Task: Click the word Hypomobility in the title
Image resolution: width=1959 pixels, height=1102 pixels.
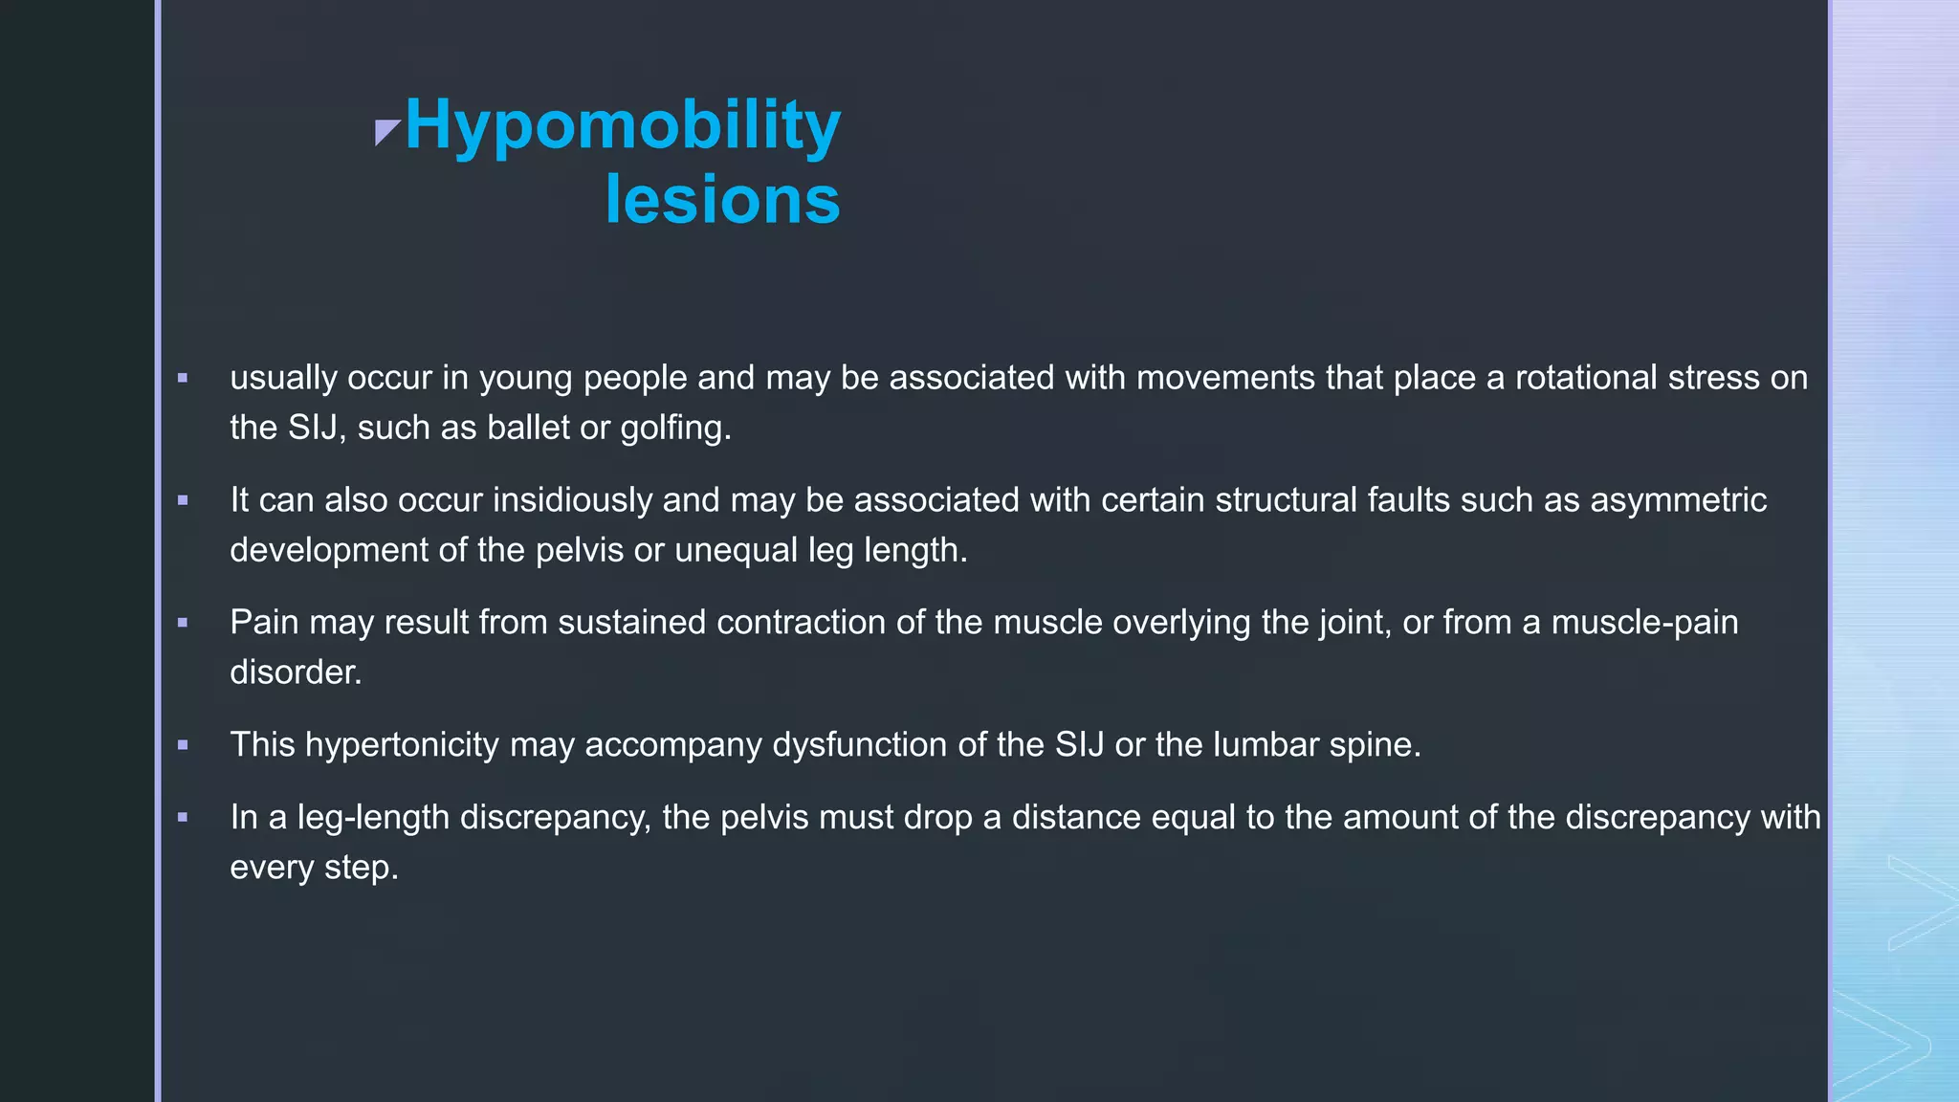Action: [623, 125]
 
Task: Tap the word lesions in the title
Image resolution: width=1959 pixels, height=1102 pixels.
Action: [722, 200]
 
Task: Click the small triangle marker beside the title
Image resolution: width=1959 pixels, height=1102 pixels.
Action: [386, 132]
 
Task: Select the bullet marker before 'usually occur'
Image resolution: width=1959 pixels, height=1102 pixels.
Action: [183, 379]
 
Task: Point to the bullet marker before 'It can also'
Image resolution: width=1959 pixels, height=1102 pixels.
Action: [183, 500]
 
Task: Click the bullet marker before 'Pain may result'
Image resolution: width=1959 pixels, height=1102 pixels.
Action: [183, 623]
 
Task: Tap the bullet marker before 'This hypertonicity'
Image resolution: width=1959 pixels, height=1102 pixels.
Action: [183, 745]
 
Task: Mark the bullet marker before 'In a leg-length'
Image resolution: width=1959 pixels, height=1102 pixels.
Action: [183, 818]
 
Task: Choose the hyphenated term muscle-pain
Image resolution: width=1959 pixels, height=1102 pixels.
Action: [1644, 623]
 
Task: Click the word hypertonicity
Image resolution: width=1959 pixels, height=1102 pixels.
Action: [402, 745]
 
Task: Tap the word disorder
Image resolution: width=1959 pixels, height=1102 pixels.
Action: [296, 672]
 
